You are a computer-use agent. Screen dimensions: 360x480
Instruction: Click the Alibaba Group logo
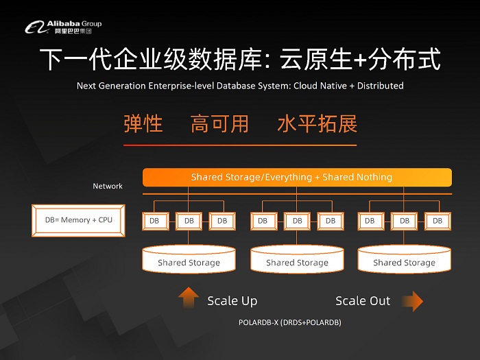[x=63, y=27]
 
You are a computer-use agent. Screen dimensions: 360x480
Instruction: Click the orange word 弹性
[x=143, y=124]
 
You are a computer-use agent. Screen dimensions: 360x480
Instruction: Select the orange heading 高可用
[x=219, y=124]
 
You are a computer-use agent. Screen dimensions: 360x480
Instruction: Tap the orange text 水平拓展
[x=317, y=124]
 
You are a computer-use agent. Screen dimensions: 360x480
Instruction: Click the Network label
[x=108, y=186]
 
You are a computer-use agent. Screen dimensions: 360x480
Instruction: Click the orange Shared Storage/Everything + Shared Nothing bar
[x=297, y=178]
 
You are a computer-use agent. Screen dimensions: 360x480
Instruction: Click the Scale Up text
[x=232, y=301]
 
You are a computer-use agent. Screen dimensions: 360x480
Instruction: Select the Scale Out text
[x=363, y=301]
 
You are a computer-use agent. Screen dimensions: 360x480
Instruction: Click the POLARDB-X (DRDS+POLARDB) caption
[x=290, y=322]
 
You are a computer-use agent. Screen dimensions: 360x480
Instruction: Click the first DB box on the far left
[x=155, y=221]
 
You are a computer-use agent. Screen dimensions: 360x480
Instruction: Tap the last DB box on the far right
[x=437, y=221]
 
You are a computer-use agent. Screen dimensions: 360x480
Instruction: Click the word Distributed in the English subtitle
[x=379, y=86]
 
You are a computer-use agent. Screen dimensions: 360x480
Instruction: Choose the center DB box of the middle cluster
[x=297, y=221]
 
